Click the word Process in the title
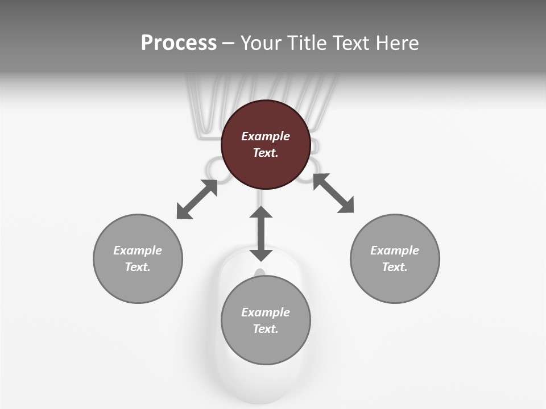pos(179,43)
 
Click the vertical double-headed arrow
pos(261,233)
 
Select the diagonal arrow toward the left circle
pos(197,199)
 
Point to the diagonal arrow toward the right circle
pos(333,193)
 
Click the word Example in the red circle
pos(266,136)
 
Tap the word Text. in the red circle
pos(266,153)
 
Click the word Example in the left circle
pos(138,251)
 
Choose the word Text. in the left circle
pos(138,267)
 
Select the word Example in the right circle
pos(395,251)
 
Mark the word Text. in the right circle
pos(395,267)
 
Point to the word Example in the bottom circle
pos(266,312)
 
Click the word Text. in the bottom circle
pos(266,329)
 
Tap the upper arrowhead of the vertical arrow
pos(261,212)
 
